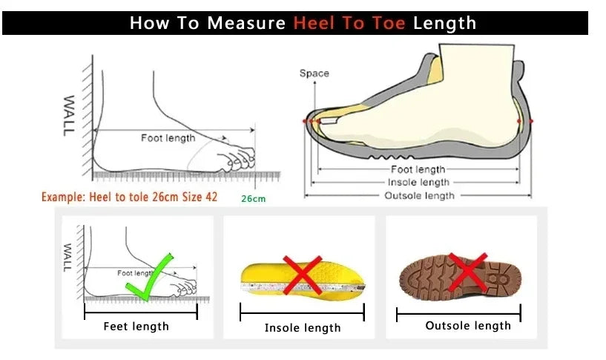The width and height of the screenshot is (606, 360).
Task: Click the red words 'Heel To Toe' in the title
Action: click(349, 23)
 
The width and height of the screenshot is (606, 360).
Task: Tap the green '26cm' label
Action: click(253, 198)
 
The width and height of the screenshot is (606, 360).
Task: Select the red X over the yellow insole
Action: click(302, 275)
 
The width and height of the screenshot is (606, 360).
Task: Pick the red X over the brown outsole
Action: click(467, 272)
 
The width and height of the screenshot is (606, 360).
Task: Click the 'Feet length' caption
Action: click(136, 326)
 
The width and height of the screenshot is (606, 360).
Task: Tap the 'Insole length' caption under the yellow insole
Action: click(303, 327)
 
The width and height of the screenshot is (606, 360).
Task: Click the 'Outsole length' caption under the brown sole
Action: click(468, 325)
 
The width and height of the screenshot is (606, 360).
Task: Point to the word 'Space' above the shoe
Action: click(314, 73)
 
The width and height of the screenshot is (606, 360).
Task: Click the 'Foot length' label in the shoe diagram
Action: click(418, 169)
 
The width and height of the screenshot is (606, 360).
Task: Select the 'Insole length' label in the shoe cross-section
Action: click(418, 182)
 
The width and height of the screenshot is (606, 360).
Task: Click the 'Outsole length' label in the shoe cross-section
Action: click(418, 195)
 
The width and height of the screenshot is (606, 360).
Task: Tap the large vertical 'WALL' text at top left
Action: click(69, 115)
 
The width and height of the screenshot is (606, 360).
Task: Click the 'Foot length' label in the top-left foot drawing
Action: click(168, 137)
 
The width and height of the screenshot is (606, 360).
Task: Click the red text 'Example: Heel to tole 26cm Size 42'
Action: click(129, 197)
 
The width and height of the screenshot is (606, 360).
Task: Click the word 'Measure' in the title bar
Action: click(246, 23)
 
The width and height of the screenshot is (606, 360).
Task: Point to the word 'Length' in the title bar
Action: click(444, 23)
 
